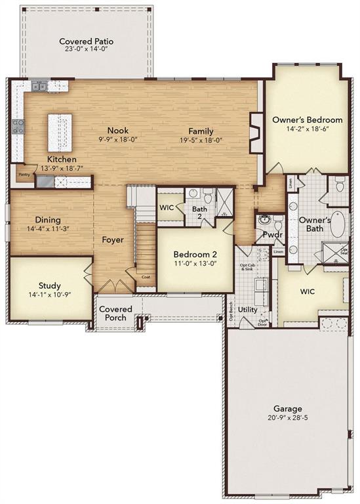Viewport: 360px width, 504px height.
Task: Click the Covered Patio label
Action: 86,41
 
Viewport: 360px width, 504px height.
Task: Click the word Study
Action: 49,285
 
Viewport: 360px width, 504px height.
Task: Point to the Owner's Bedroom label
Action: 307,120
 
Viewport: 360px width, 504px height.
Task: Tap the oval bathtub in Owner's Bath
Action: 336,224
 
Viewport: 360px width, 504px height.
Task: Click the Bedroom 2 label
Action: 194,255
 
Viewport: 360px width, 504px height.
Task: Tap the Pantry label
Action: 24,175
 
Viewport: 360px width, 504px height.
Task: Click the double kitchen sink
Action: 40,86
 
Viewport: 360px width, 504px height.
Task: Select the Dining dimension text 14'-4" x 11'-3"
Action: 41,229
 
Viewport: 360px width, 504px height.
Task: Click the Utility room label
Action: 247,308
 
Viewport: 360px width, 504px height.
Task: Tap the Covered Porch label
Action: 115,313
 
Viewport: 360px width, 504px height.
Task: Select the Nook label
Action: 118,131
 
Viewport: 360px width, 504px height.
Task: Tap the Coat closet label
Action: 146,277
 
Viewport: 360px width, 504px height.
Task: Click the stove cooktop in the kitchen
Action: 18,126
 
